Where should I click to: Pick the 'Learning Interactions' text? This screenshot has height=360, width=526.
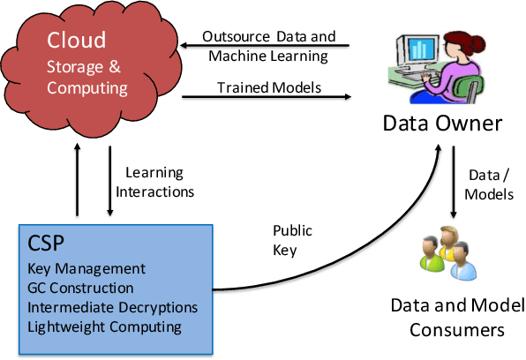[x=159, y=182]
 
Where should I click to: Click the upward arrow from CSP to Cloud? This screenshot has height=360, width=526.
[x=79, y=180]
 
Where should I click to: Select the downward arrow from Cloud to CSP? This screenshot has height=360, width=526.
[x=110, y=180]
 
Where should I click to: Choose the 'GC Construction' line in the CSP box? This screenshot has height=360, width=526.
[x=80, y=289]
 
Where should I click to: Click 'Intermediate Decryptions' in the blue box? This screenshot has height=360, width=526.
[x=112, y=308]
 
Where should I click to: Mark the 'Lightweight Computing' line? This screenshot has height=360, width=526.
[x=104, y=327]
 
